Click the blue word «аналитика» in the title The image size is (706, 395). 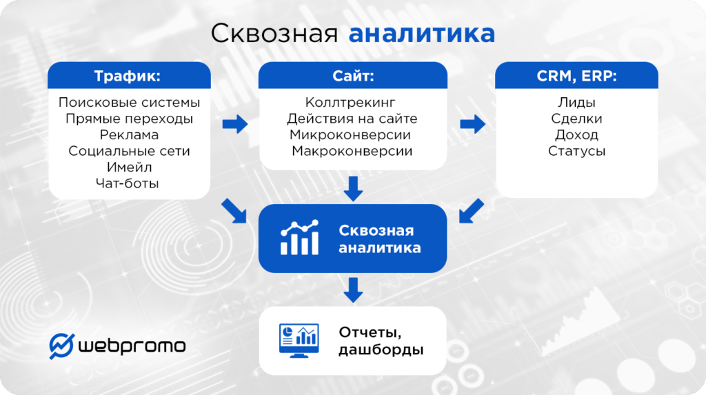pos(421,34)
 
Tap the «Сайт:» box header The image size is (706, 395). pos(352,76)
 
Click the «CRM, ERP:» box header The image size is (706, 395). pos(576,76)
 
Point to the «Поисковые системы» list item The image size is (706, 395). pos(129,103)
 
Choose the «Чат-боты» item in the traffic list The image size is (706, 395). pos(129,183)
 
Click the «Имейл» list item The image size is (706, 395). pos(129,167)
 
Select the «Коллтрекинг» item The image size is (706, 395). pos(352,103)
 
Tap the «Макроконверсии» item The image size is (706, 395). pos(352,151)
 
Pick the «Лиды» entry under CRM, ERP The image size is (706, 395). pos(576,103)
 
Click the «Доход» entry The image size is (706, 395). pos(576,135)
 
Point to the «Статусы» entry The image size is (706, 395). pos(576,151)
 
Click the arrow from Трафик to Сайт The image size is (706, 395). pos(235,125)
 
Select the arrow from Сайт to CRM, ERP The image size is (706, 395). pos(472,125)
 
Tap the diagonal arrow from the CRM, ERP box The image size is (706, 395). pos(471,211)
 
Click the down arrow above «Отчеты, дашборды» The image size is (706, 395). pos(353,290)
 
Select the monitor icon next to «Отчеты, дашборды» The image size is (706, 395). pos(299,341)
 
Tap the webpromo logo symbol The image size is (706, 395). pos(62,345)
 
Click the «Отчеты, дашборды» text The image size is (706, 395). pos(380,341)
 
